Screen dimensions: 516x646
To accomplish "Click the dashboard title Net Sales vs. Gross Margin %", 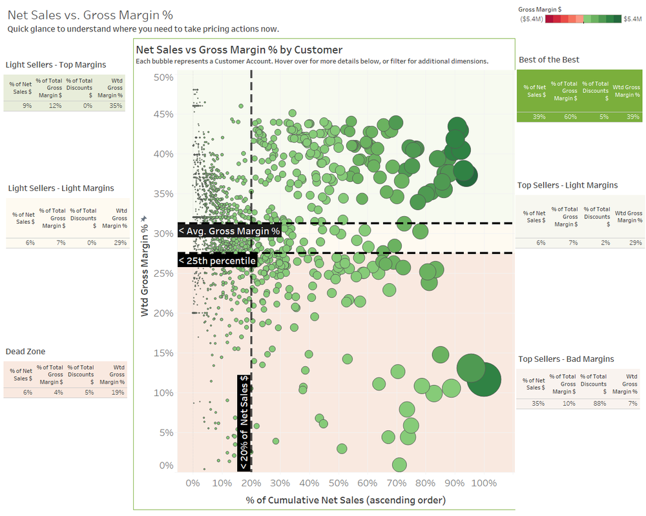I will coord(90,14).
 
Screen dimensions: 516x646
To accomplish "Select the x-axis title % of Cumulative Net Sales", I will coord(346,500).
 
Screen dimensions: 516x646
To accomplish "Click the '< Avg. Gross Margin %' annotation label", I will coord(229,230).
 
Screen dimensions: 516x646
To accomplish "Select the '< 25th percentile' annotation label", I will coord(217,260).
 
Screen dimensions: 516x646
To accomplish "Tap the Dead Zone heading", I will coord(25,352).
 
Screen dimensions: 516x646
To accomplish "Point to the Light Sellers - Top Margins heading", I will coord(56,64).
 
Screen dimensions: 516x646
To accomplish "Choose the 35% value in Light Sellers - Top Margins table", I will coord(116,106).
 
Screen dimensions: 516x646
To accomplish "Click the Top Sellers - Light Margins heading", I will coord(567,185).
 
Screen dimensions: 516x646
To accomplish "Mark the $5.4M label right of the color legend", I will coord(632,19).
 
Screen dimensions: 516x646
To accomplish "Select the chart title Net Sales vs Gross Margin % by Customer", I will coord(239,50).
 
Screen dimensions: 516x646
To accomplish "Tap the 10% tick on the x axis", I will coord(222,483).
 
